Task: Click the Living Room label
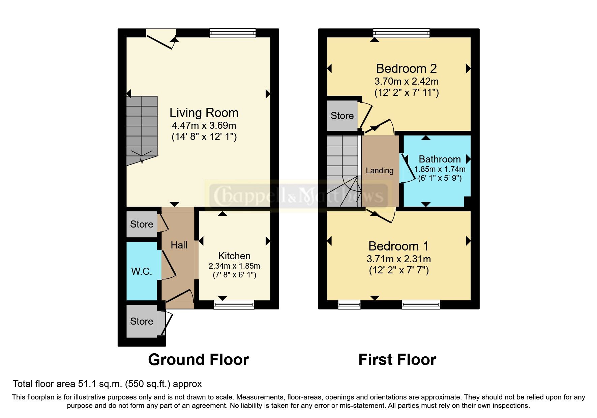[x=204, y=113]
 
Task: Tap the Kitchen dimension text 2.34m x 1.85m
[x=234, y=266]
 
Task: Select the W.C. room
[x=142, y=271]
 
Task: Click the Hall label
[x=179, y=245]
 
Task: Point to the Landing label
[x=380, y=171]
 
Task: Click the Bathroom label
[x=440, y=159]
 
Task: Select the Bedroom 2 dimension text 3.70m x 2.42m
[x=406, y=81]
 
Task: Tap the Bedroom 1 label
[x=398, y=246]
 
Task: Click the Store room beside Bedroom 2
[x=342, y=116]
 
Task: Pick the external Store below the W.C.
[x=142, y=321]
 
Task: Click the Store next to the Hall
[x=142, y=224]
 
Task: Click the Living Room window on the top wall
[x=233, y=33]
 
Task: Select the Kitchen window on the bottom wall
[x=234, y=305]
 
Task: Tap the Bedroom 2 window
[x=401, y=33]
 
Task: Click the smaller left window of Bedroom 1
[x=349, y=305]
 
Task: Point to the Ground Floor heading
[x=198, y=360]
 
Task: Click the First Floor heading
[x=397, y=360]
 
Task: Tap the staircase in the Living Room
[x=142, y=130]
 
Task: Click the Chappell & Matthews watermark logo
[x=298, y=196]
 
